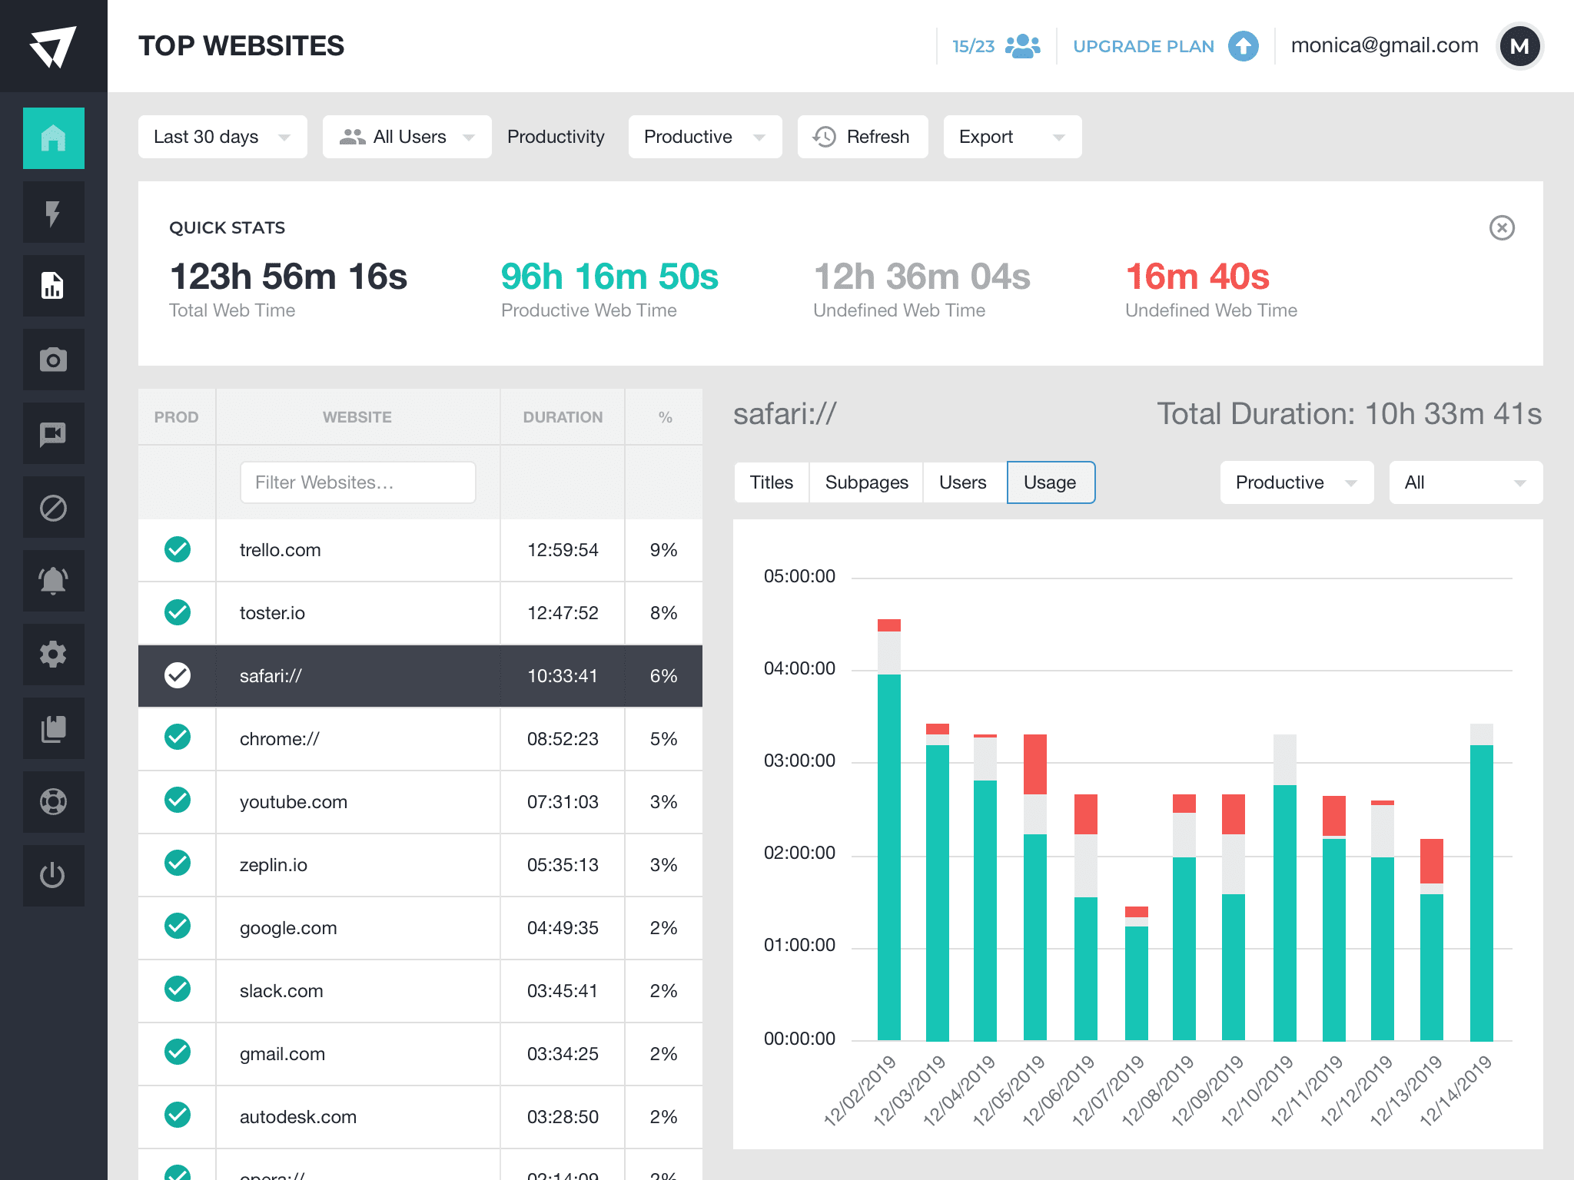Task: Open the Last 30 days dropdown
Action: point(222,137)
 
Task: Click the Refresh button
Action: point(862,137)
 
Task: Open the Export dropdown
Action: point(1011,137)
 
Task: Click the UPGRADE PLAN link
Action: point(1143,46)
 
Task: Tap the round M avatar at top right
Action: point(1519,46)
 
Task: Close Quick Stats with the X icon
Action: point(1501,227)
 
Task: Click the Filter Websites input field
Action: point(357,482)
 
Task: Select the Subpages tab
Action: point(866,482)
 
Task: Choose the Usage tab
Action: point(1050,482)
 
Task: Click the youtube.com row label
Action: point(293,802)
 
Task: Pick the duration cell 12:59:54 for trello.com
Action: point(562,550)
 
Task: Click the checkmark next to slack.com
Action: point(178,989)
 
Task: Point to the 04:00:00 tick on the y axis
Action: point(799,668)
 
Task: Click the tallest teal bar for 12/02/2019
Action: point(889,857)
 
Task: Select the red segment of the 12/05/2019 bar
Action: point(1035,764)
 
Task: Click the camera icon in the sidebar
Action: point(53,360)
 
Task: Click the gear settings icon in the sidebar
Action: point(53,655)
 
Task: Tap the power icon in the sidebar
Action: point(53,876)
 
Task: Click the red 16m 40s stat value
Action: point(1197,277)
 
